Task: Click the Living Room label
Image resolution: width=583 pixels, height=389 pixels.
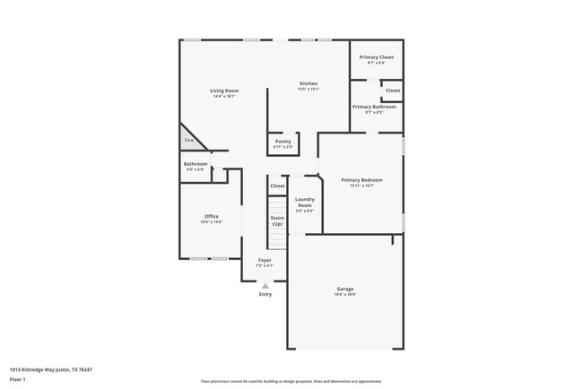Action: (x=224, y=91)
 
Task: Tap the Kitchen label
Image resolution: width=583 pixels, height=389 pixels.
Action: (x=309, y=84)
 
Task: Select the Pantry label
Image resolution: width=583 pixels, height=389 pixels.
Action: (x=283, y=142)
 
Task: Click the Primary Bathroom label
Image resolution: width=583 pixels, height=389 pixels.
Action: (x=374, y=107)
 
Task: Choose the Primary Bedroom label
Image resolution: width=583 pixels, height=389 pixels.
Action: (x=361, y=180)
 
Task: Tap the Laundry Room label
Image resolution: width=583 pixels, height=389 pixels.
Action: (x=304, y=203)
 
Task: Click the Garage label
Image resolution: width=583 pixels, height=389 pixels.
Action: (x=345, y=289)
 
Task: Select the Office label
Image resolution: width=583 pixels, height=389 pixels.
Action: (x=212, y=216)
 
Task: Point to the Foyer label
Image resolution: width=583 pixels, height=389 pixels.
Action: (x=265, y=260)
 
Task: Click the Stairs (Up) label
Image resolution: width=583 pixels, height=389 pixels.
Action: (x=277, y=220)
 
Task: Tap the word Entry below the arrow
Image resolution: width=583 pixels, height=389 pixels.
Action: (x=265, y=295)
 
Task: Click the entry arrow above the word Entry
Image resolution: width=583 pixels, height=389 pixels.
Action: (x=265, y=286)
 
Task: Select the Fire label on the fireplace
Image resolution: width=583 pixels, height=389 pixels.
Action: (x=189, y=141)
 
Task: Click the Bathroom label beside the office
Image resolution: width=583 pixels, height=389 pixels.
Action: (x=196, y=164)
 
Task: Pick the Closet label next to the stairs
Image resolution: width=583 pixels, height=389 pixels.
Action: (x=277, y=186)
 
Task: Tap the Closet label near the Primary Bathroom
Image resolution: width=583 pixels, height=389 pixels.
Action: (x=393, y=91)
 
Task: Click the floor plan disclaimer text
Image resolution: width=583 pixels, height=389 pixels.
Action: (x=291, y=380)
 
